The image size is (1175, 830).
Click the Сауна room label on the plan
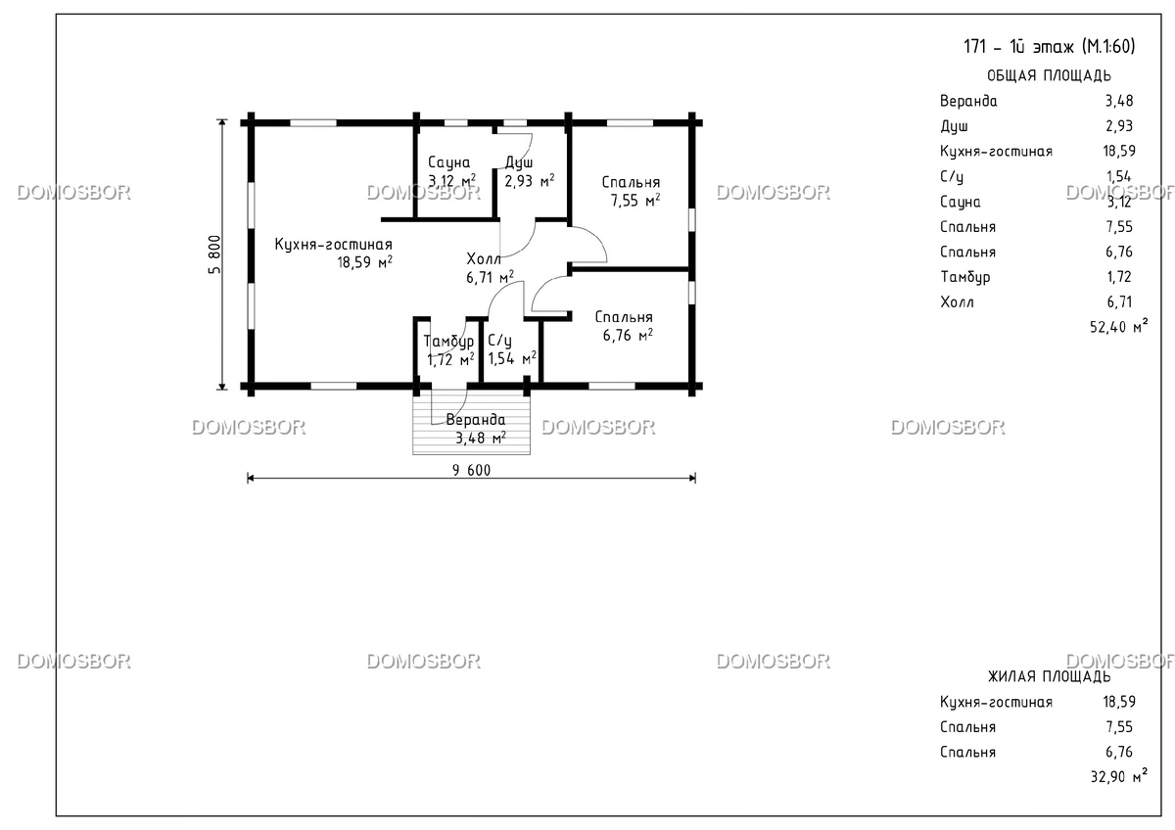pyautogui.click(x=449, y=162)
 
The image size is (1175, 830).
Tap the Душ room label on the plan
pyautogui.click(x=519, y=162)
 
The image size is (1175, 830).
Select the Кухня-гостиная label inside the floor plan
pyautogui.click(x=334, y=245)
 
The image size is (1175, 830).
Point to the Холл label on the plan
pyautogui.click(x=484, y=259)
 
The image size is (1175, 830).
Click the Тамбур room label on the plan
pyautogui.click(x=448, y=342)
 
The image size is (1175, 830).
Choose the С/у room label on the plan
pyautogui.click(x=499, y=342)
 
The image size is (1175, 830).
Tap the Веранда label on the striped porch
pyautogui.click(x=476, y=420)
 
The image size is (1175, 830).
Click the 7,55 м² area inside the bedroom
pyautogui.click(x=635, y=201)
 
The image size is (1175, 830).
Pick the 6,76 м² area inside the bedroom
pyautogui.click(x=628, y=335)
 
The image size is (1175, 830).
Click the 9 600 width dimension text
pyautogui.click(x=472, y=471)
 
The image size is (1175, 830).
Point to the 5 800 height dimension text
pyautogui.click(x=215, y=254)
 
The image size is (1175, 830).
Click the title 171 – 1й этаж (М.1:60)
pyautogui.click(x=1049, y=47)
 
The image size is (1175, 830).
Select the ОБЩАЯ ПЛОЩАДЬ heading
pyautogui.click(x=1049, y=76)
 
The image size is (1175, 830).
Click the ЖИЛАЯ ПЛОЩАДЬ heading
pyautogui.click(x=1049, y=677)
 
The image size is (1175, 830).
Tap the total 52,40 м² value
pyautogui.click(x=1118, y=327)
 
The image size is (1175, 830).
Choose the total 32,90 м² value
pyautogui.click(x=1118, y=776)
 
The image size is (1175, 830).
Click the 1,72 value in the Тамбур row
pyautogui.click(x=1120, y=277)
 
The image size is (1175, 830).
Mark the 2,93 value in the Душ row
pyautogui.click(x=1119, y=126)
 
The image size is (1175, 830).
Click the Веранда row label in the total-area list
pyautogui.click(x=968, y=101)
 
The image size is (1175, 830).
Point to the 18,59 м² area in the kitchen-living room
pyautogui.click(x=364, y=262)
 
